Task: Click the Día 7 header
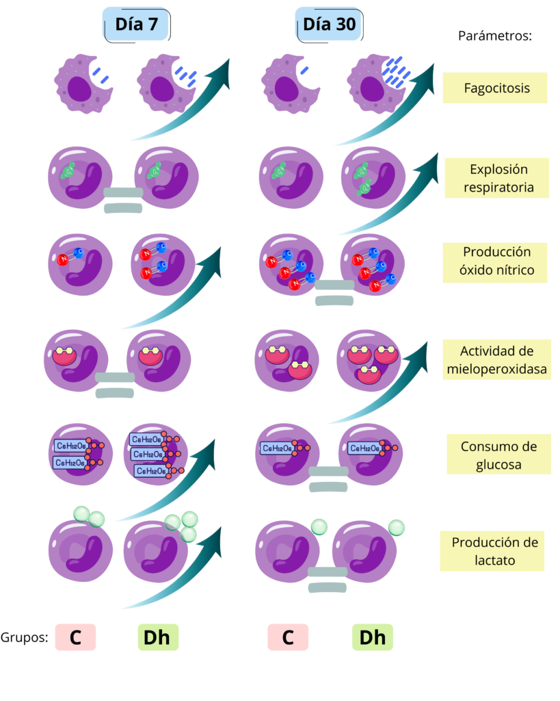click(136, 26)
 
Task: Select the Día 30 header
click(329, 26)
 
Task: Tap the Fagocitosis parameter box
click(495, 88)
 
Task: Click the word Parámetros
click(494, 36)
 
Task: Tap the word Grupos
click(24, 637)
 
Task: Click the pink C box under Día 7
click(75, 637)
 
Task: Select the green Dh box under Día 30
click(373, 637)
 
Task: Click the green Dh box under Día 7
click(157, 637)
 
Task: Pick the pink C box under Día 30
click(287, 637)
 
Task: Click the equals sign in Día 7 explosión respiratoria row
click(123, 200)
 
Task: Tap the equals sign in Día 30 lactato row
click(329, 579)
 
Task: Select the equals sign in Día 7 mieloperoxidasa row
click(115, 385)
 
